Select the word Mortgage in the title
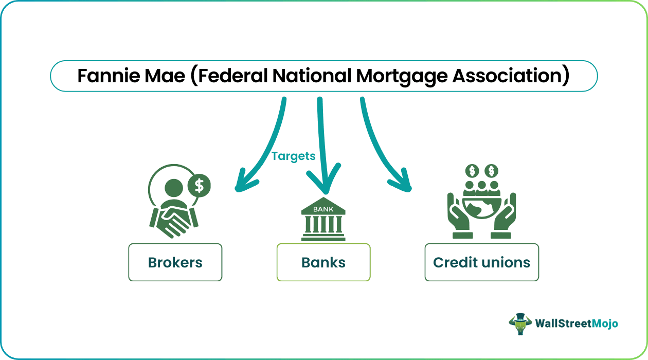click(402, 77)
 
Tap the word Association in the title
click(508, 76)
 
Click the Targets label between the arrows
click(293, 156)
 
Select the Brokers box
click(175, 262)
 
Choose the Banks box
click(323, 262)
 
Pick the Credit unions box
click(482, 262)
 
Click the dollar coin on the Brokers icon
click(199, 186)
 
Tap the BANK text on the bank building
click(323, 209)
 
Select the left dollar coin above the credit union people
click(472, 171)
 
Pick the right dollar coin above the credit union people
click(492, 171)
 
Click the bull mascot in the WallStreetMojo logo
click(520, 324)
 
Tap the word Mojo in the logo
click(605, 324)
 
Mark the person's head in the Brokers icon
click(174, 188)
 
